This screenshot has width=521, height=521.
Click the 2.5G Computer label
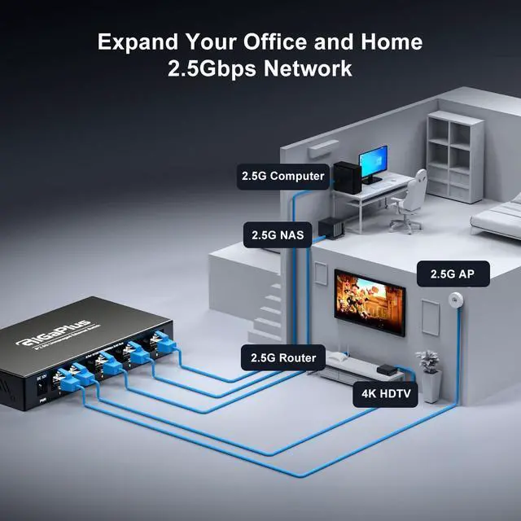coord(282,175)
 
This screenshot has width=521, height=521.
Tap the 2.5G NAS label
coord(277,236)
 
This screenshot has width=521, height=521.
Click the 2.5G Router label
coord(283,357)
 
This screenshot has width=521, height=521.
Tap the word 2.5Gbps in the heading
coord(210,68)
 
